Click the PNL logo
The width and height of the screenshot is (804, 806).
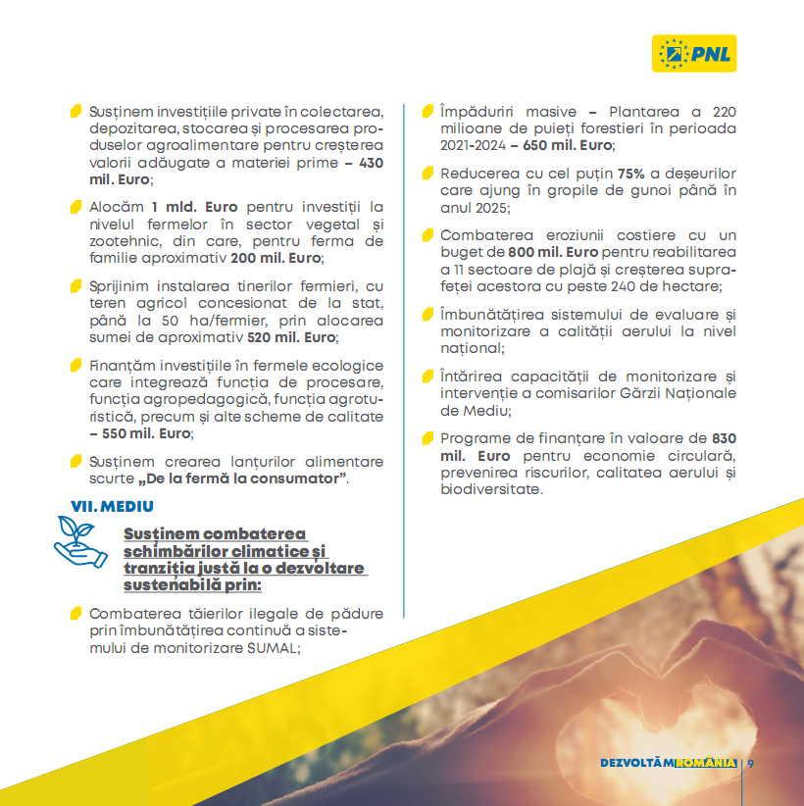pos(694,51)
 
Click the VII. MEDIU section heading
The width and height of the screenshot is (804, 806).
pos(112,506)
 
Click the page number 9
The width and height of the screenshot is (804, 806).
pos(751,763)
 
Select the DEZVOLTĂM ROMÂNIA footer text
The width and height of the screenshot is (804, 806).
pos(668,763)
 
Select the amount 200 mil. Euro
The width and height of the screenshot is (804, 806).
pos(276,258)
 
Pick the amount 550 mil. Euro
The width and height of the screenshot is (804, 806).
pos(140,432)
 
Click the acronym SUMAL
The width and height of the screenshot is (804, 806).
pos(276,647)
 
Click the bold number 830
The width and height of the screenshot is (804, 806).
pos(724,437)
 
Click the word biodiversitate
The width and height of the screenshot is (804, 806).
pos(491,488)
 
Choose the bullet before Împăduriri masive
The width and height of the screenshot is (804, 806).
pos(428,111)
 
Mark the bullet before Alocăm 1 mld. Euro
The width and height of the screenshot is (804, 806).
pos(76,208)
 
